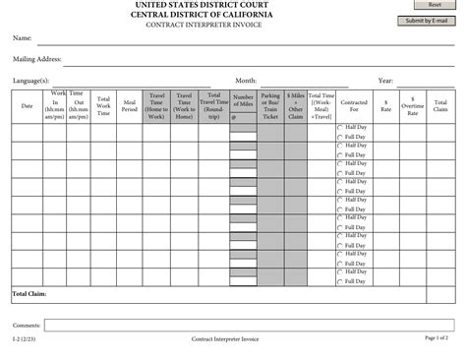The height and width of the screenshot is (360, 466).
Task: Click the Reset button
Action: (x=434, y=5)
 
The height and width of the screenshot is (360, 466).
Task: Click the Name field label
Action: (x=22, y=38)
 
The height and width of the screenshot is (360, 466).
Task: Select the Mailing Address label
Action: (x=37, y=59)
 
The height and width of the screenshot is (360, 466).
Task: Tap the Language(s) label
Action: (x=31, y=81)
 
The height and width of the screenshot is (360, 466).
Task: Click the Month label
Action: (x=246, y=81)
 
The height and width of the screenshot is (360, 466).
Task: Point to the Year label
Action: (x=385, y=81)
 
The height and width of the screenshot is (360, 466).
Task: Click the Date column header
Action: (x=27, y=105)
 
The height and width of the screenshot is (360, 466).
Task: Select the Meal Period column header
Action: (x=130, y=105)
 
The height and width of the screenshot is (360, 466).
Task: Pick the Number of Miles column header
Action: (x=243, y=101)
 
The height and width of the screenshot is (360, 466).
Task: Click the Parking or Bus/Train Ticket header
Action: (x=270, y=105)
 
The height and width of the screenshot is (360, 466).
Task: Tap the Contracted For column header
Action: (x=354, y=105)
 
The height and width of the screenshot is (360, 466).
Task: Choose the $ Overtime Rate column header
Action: (x=413, y=105)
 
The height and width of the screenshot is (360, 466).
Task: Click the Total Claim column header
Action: (x=440, y=105)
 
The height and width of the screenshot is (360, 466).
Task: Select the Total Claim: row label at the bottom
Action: (x=29, y=294)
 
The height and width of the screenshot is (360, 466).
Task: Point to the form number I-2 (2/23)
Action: (x=25, y=339)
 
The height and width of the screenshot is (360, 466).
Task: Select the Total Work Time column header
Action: (x=103, y=105)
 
